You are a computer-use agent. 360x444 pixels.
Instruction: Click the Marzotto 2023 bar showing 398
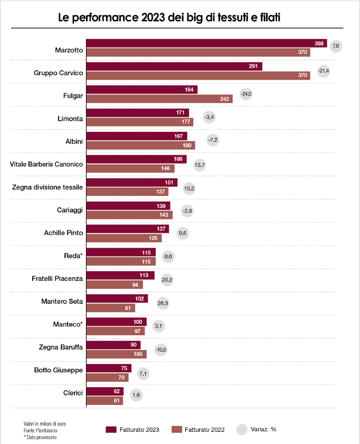point(206,43)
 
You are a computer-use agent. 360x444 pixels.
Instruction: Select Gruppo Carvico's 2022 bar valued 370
point(198,75)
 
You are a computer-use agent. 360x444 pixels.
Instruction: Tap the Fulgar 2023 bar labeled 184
point(141,90)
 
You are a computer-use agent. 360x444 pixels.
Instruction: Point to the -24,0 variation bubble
point(246,95)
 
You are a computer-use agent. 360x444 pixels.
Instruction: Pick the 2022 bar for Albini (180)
point(140,145)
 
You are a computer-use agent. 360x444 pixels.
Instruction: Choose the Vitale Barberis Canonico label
point(46,164)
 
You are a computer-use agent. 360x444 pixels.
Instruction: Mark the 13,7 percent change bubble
point(200,165)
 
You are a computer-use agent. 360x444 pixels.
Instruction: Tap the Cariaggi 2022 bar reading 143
point(129,215)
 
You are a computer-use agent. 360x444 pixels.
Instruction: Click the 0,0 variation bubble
point(169,256)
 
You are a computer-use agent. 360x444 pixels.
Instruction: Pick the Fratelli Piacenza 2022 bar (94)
point(114,285)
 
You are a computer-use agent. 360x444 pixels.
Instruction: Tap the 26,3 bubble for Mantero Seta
point(163,303)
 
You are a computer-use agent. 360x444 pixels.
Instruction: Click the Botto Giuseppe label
point(58,370)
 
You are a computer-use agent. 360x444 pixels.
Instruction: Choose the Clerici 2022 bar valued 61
point(105,401)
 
